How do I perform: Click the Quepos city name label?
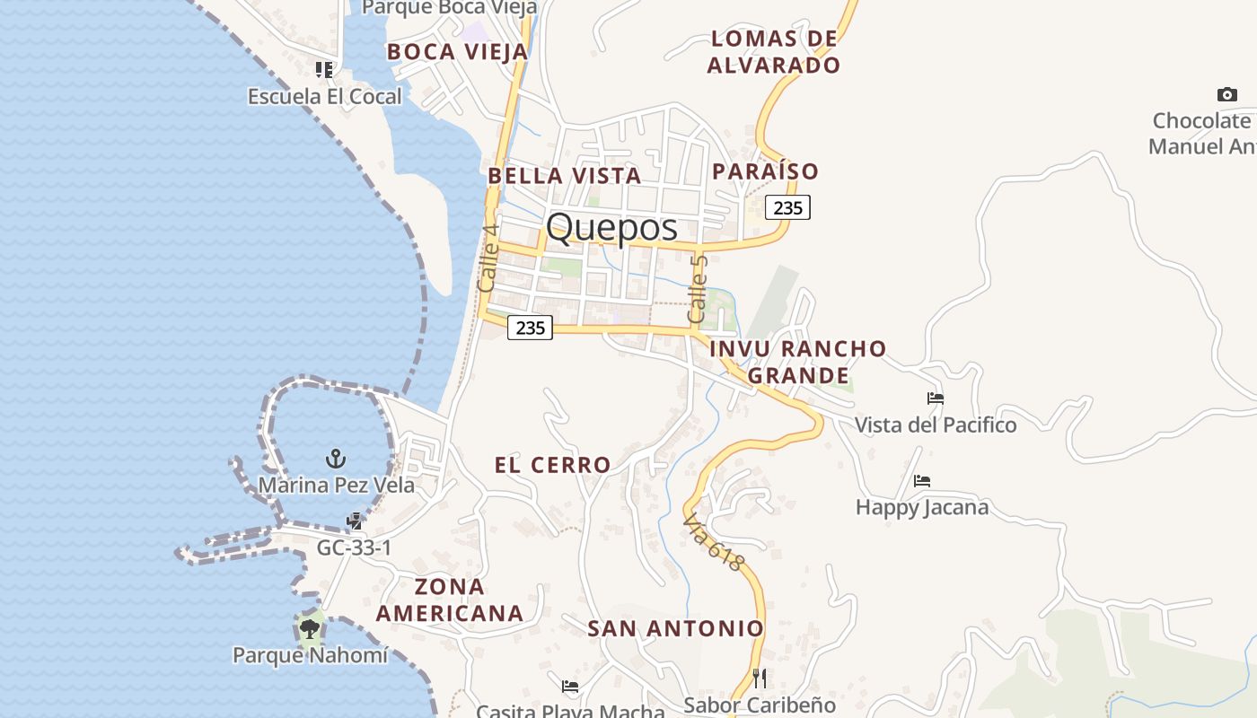pyautogui.click(x=611, y=227)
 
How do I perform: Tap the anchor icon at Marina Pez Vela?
pyautogui.click(x=335, y=459)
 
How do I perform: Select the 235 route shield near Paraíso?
pyautogui.click(x=787, y=207)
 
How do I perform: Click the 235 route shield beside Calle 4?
pyautogui.click(x=530, y=328)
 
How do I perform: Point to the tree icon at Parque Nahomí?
pyautogui.click(x=310, y=628)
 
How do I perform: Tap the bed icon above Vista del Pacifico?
pyautogui.click(x=936, y=398)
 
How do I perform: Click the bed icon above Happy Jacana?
pyautogui.click(x=922, y=481)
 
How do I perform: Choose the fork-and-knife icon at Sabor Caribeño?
pyautogui.click(x=760, y=678)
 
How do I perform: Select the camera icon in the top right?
pyautogui.click(x=1226, y=94)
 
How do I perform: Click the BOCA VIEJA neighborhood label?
pyautogui.click(x=457, y=52)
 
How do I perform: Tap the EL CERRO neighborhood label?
pyautogui.click(x=552, y=465)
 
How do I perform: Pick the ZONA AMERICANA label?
pyautogui.click(x=449, y=600)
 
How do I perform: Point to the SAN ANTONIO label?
pyautogui.click(x=675, y=628)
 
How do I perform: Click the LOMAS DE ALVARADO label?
pyautogui.click(x=773, y=52)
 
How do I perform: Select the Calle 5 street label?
pyautogui.click(x=698, y=290)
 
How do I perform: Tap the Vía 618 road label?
pyautogui.click(x=714, y=542)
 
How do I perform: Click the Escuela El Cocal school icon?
pyautogui.click(x=324, y=69)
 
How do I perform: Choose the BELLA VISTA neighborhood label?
pyautogui.click(x=564, y=176)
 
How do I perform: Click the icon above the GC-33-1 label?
pyautogui.click(x=356, y=521)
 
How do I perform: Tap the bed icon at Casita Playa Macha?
pyautogui.click(x=570, y=687)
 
